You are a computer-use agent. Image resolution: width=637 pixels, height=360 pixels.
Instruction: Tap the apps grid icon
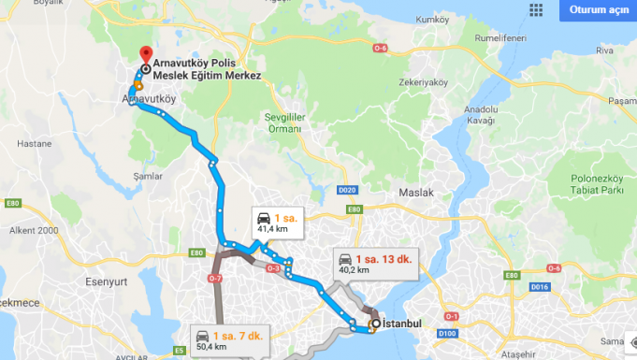[537, 10]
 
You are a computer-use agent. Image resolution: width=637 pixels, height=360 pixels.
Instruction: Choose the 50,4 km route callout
[222, 338]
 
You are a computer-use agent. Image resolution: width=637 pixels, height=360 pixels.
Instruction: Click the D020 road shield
[348, 190]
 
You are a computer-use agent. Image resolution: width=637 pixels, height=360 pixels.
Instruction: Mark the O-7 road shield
[215, 278]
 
